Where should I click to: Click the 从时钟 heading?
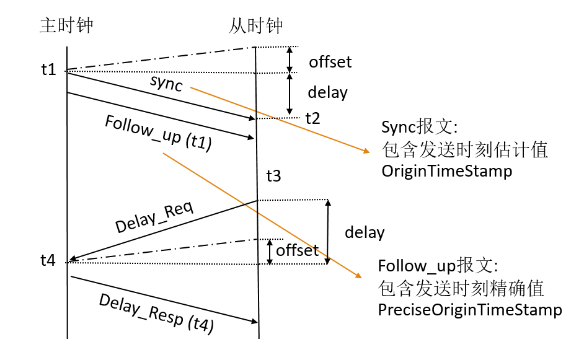coord(255,25)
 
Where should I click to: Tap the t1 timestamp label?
coord(48,69)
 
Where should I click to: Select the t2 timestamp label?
coord(313,118)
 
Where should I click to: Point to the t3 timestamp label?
coord(273,177)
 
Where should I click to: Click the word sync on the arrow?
coord(166,83)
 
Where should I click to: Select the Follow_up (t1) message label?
coord(159,133)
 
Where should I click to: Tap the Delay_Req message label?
coord(154,216)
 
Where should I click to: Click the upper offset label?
coord(330,62)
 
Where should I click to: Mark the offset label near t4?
coord(297,250)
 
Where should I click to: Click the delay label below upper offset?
coord(327,93)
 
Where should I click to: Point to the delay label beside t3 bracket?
coord(365,233)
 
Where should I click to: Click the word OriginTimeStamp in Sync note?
coord(446,172)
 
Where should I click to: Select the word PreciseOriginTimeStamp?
coord(470,310)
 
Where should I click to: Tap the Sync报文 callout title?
coord(419,128)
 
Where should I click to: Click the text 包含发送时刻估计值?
coord(465,149)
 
